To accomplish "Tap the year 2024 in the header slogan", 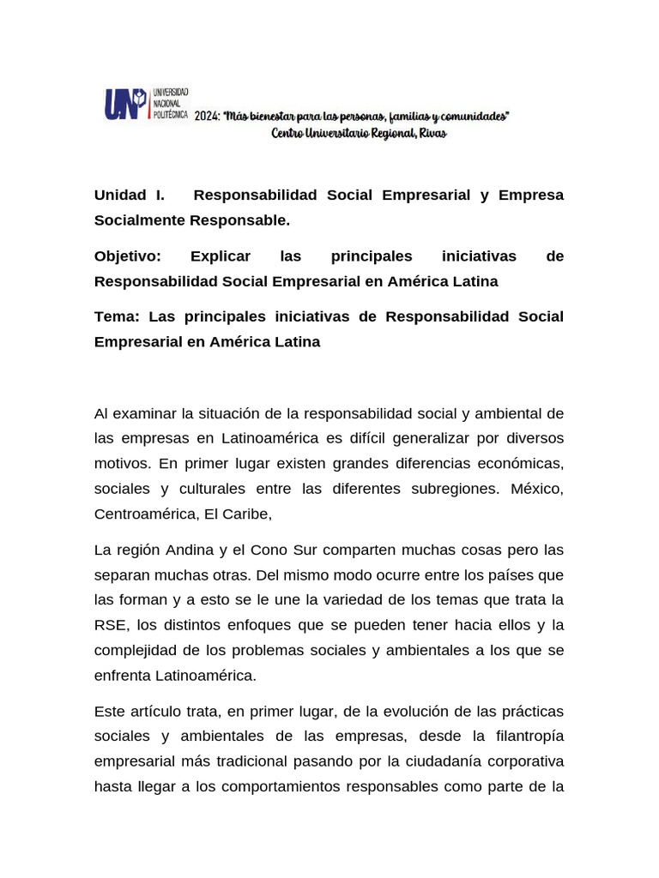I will (206, 117).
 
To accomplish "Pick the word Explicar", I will (221, 256).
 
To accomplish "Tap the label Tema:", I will (117, 316).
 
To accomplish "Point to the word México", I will (537, 489).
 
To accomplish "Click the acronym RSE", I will (110, 624).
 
